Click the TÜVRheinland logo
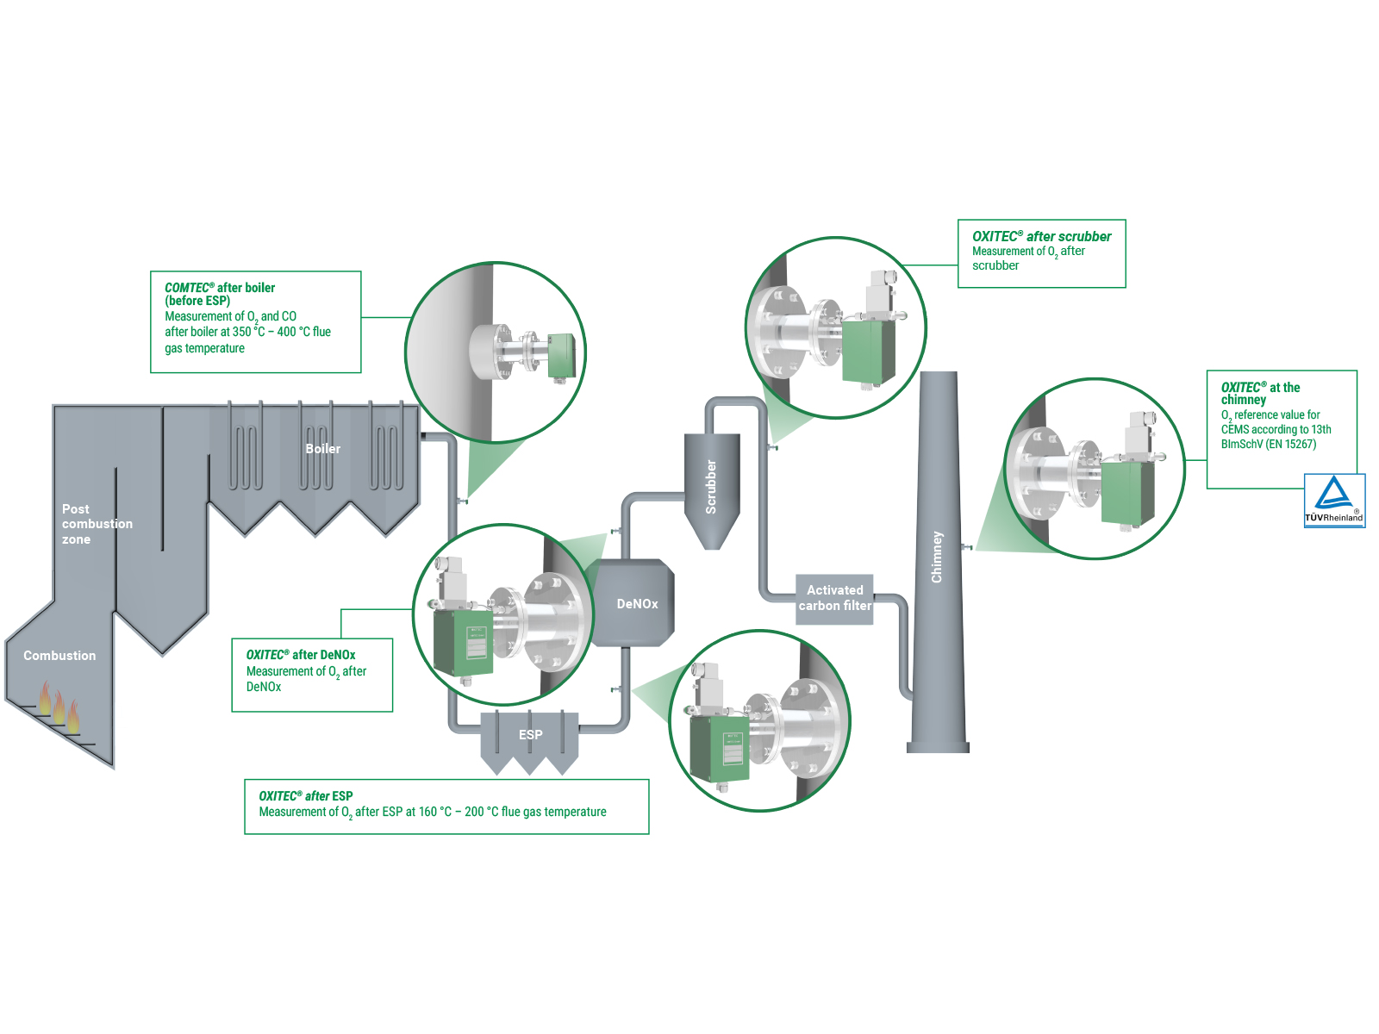(x=1333, y=501)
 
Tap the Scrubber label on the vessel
(x=711, y=487)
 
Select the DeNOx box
(x=636, y=604)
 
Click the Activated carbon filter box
(x=834, y=598)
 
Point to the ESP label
(x=530, y=735)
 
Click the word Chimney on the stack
(x=937, y=557)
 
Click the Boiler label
(x=322, y=449)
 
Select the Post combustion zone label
(x=96, y=524)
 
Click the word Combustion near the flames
(x=59, y=656)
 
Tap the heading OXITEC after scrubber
(x=1041, y=236)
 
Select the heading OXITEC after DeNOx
(x=300, y=655)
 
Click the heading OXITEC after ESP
(x=305, y=796)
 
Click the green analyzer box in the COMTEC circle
(x=560, y=356)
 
